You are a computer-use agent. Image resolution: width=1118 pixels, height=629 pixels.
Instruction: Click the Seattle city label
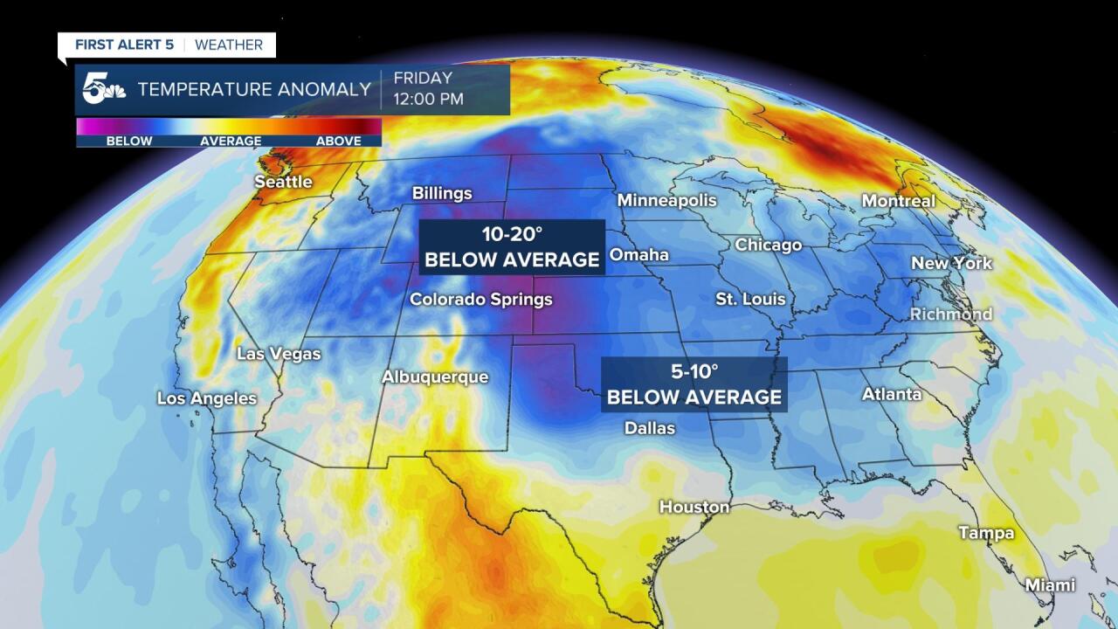click(283, 182)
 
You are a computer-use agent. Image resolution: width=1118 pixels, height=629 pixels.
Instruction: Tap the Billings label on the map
click(442, 193)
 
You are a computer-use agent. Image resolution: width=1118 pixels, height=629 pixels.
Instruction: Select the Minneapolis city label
click(666, 200)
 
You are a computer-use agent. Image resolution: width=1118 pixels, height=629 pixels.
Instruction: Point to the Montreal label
click(898, 201)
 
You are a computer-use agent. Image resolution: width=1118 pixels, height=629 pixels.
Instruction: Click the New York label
click(951, 263)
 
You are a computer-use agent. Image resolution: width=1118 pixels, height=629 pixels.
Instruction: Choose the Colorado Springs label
click(481, 300)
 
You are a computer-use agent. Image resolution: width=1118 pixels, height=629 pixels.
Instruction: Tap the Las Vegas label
click(279, 354)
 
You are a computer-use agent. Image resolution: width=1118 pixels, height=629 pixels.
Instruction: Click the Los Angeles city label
click(207, 398)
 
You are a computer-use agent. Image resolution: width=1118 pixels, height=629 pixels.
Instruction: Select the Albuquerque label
click(434, 377)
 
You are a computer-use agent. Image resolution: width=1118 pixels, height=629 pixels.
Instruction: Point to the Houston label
click(694, 507)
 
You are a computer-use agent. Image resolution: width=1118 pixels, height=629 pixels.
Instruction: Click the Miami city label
click(1050, 584)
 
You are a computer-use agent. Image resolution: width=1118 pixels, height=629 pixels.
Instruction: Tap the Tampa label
click(986, 533)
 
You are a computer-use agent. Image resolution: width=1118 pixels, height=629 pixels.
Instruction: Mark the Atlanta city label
click(892, 394)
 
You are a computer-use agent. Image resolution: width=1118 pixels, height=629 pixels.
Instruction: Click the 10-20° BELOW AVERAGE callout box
click(512, 247)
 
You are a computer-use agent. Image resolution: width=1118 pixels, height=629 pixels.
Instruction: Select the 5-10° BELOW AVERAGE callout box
click(694, 384)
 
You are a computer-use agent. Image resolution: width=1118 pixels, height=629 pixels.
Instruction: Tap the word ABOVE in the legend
click(338, 141)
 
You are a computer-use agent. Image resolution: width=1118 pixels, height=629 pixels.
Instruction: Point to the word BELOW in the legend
click(129, 141)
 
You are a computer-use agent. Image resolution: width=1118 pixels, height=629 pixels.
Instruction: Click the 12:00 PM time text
click(428, 99)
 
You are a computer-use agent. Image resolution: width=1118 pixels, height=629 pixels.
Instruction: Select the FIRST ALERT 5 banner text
click(124, 45)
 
